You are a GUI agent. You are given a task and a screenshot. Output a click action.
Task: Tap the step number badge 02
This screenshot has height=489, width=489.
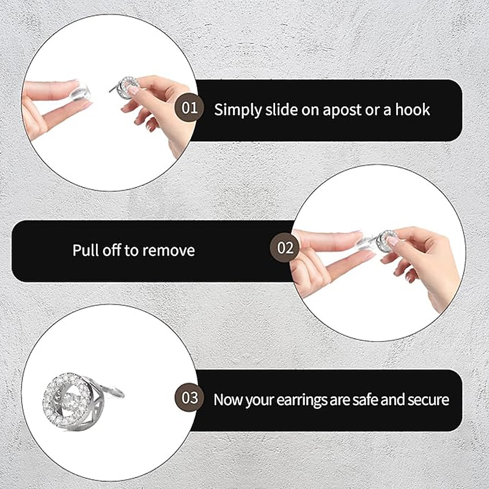pos(285,248)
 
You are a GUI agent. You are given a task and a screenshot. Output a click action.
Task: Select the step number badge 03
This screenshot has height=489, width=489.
pos(190,399)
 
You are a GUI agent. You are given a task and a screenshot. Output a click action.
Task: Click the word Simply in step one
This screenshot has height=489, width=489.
pos(232,110)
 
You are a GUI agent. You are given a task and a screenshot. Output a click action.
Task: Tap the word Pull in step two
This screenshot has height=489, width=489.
pos(84,250)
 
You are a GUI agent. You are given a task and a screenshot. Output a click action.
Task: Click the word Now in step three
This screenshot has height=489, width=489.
pos(228,400)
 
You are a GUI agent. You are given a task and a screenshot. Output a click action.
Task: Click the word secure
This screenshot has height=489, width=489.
pos(427,400)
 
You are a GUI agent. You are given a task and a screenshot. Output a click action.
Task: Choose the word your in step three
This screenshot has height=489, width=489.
pos(260,400)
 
